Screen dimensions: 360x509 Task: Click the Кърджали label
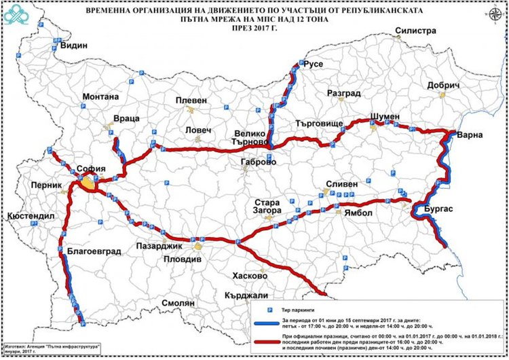249,295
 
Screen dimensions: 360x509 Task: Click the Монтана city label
100,96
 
